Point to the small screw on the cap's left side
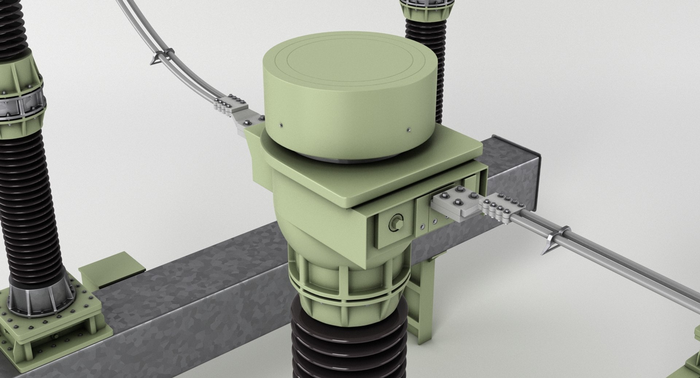click(x=281, y=126)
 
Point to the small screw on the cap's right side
click(x=409, y=129)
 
